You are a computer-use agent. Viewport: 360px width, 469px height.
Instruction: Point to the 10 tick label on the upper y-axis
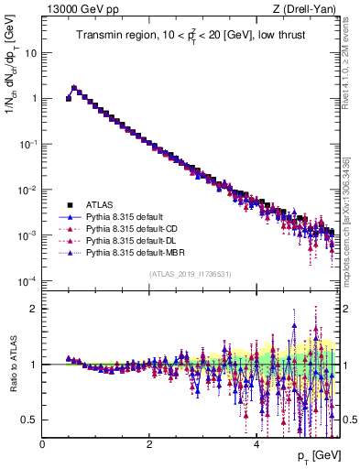pyautogui.click(x=30, y=52)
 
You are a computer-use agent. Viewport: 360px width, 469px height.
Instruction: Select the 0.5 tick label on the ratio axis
pyautogui.click(x=29, y=420)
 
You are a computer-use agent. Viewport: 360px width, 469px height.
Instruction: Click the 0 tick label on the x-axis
pyautogui.click(x=42, y=443)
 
